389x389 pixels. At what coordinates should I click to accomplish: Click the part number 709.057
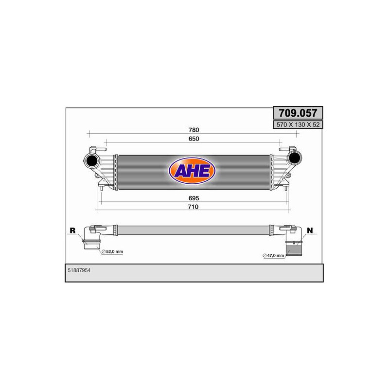click(x=298, y=113)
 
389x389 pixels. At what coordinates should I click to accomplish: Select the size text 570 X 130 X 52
click(x=298, y=124)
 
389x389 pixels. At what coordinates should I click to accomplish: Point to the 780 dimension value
click(x=194, y=130)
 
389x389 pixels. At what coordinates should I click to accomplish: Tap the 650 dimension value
click(x=194, y=139)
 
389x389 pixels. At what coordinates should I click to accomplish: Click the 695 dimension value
click(x=194, y=198)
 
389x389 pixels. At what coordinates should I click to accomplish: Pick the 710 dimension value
click(x=193, y=207)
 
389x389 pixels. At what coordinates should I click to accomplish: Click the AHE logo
click(x=192, y=171)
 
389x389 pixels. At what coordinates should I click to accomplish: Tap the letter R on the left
click(x=72, y=230)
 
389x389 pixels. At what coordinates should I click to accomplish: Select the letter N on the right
click(x=310, y=230)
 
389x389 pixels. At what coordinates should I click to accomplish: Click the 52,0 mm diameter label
click(x=115, y=251)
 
